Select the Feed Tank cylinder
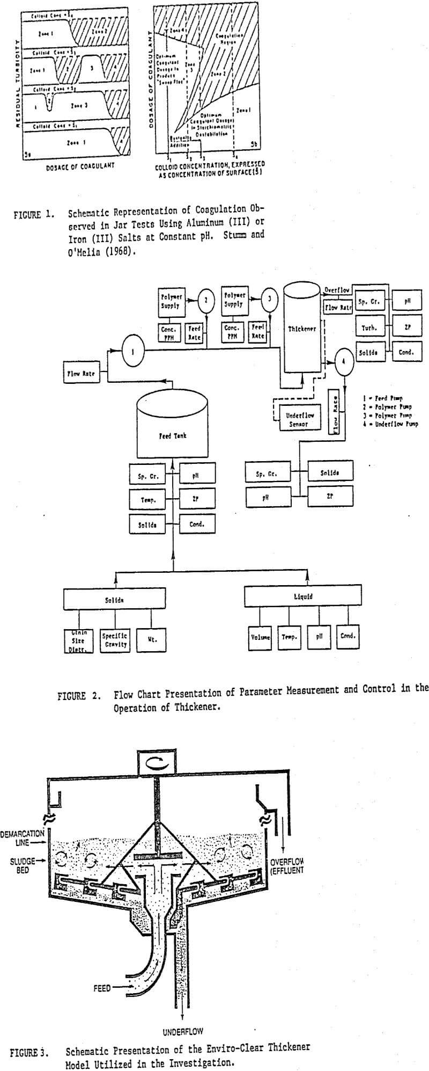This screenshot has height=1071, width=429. (172, 424)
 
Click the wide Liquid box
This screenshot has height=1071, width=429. (303, 595)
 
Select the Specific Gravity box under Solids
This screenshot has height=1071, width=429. (114, 639)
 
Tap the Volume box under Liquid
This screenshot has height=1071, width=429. (260, 637)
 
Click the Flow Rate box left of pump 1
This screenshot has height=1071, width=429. (82, 373)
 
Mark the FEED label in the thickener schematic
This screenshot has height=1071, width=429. (101, 988)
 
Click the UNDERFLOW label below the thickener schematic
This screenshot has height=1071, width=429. (183, 1031)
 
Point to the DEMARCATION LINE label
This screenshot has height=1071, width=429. (22, 838)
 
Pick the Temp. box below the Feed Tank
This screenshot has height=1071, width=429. (148, 499)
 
